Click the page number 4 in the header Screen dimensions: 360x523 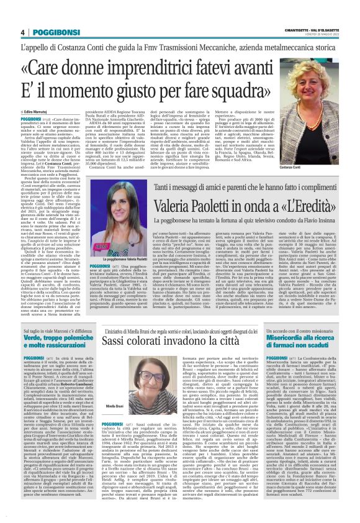click(x=22, y=32)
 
